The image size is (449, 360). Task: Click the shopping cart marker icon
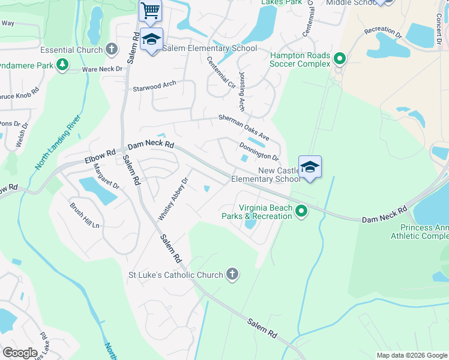(x=151, y=10)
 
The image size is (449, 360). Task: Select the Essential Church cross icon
(x=111, y=49)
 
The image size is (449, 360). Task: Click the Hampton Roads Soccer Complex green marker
(x=340, y=59)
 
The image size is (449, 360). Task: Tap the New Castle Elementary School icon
(x=310, y=166)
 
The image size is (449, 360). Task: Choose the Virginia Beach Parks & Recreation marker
(x=301, y=211)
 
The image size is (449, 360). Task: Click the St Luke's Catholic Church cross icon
(x=232, y=275)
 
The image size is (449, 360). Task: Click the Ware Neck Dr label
(x=101, y=69)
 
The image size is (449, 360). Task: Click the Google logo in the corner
(x=20, y=352)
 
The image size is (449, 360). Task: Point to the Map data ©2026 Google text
(x=411, y=355)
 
